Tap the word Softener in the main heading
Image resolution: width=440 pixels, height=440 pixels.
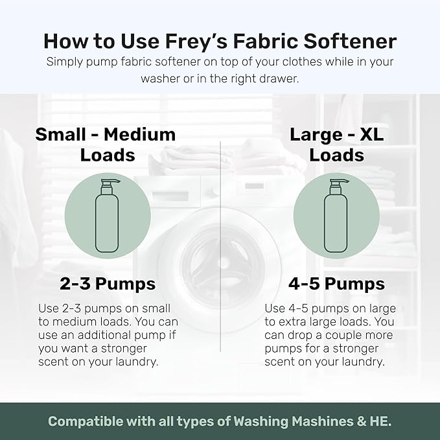(351, 41)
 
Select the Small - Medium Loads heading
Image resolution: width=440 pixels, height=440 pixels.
(106, 144)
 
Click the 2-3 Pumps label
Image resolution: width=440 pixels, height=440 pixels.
(108, 283)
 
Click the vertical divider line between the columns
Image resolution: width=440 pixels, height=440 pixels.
(220, 246)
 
